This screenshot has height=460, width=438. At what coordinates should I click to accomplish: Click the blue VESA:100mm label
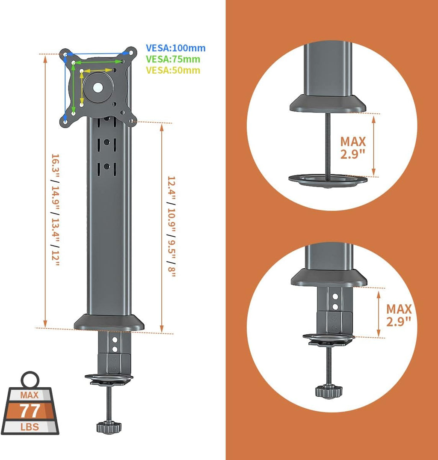pos(176,48)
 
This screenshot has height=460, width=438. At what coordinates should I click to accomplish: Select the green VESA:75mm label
pos(173,59)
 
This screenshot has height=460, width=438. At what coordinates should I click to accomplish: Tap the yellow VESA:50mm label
pos(173,70)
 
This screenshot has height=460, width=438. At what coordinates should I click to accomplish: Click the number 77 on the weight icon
pos(30,411)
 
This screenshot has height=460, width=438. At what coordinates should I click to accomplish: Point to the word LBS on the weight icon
pos(30,427)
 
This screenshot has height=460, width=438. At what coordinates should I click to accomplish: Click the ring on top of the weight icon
pos(30,380)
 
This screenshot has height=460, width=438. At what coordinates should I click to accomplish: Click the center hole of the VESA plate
pos(98,87)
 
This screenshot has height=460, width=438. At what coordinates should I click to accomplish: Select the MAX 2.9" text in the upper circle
pos(353,148)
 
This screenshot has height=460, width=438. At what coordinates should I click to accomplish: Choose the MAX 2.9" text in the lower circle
pos(399,315)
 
